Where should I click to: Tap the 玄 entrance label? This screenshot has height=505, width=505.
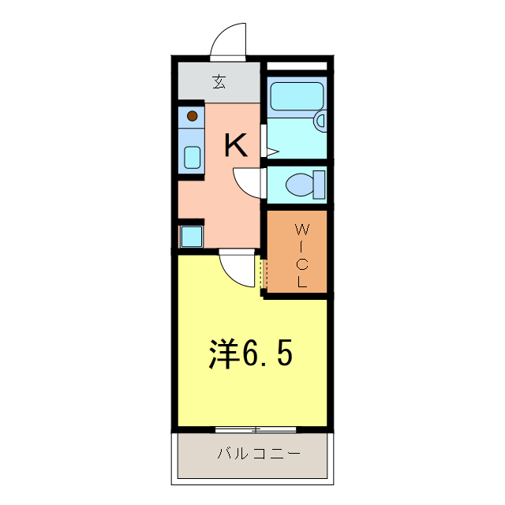point(217,80)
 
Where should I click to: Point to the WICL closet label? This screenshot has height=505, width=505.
point(301,255)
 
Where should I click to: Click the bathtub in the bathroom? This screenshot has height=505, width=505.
point(297,97)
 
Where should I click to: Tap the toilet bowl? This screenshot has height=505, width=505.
point(299,185)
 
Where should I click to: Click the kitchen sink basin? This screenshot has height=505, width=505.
point(193,156)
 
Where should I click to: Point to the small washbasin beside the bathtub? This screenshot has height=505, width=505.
point(320,120)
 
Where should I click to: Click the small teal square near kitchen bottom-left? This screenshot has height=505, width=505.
point(192,235)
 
